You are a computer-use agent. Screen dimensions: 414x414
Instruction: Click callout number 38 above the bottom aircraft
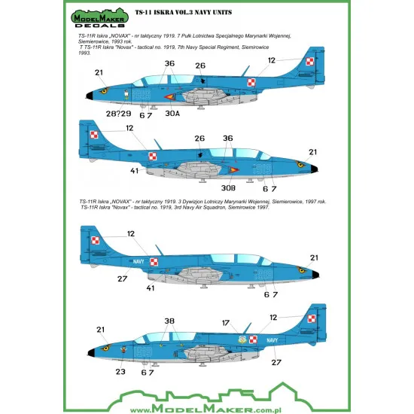(x=169, y=318)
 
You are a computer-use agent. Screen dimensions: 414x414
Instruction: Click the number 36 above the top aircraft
(x=169, y=64)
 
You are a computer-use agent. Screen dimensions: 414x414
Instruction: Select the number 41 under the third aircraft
(x=151, y=287)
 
